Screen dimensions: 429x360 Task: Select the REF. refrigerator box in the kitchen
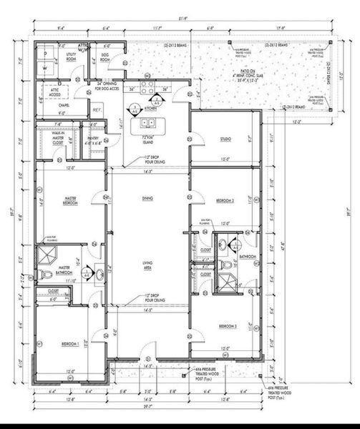[97, 110]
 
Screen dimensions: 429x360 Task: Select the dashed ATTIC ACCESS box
[54, 93]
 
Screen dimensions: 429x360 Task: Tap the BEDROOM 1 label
[69, 344]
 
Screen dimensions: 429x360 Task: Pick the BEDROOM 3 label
[228, 326]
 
